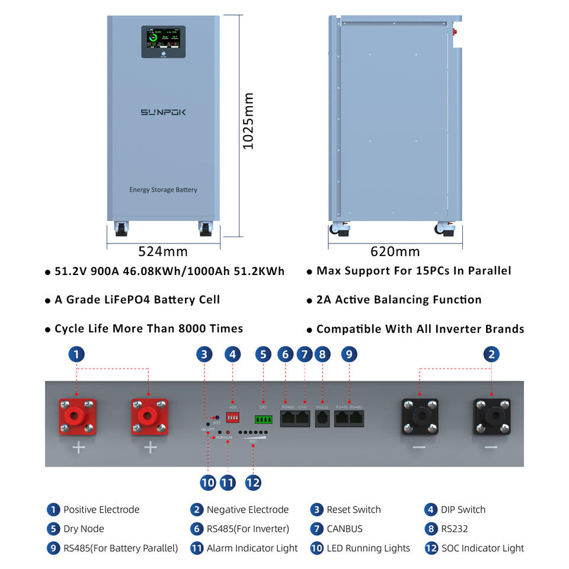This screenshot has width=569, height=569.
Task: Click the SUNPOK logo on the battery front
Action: click(163, 111)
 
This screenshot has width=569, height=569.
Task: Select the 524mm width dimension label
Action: click(163, 251)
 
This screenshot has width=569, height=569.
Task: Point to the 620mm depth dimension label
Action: click(395, 251)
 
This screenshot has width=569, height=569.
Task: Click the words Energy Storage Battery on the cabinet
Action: click(163, 190)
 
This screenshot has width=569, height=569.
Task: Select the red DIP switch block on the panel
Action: click(233, 418)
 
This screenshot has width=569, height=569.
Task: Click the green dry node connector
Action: click(264, 420)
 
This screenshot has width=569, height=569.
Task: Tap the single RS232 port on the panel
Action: click(322, 418)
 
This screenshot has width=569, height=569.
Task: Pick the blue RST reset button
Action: click(216, 418)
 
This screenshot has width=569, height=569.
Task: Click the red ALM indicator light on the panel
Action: click(228, 432)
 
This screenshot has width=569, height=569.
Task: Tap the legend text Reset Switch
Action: click(353, 510)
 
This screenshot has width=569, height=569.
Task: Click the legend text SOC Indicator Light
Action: click(482, 548)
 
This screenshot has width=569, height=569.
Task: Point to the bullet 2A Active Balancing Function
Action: click(398, 300)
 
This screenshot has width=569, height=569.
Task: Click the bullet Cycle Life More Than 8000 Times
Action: click(148, 329)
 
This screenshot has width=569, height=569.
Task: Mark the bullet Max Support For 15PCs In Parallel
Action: click(413, 271)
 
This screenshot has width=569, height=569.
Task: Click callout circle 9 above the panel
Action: click(349, 354)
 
